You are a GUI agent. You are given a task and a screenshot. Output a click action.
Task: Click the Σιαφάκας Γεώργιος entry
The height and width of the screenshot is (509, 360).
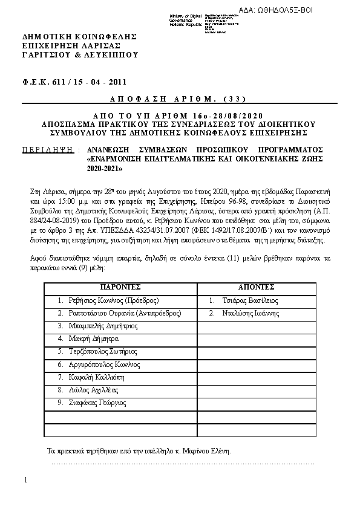(91, 403)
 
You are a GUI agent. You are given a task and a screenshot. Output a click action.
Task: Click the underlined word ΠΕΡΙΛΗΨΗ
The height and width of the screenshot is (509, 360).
(48, 149)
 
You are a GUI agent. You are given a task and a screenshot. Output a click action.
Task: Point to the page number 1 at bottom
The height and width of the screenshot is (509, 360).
(25, 480)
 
